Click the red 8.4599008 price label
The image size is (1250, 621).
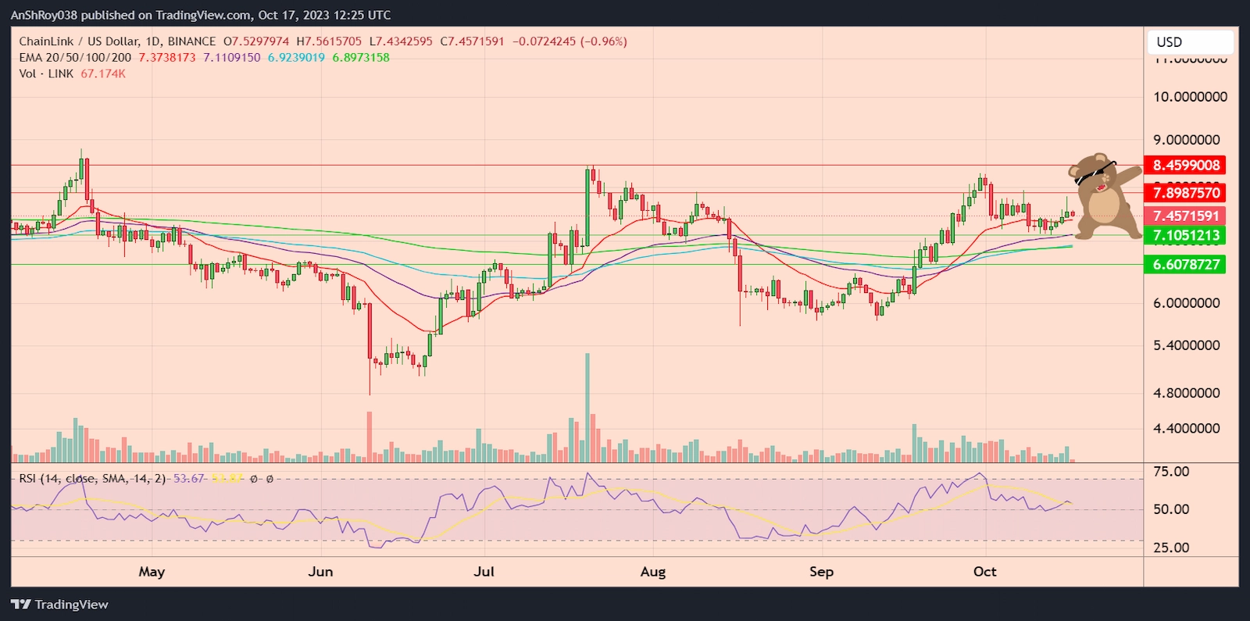(x=1185, y=165)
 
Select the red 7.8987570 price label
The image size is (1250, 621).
(x=1185, y=193)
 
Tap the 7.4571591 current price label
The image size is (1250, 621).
(x=1185, y=216)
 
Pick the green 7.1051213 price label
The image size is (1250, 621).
(x=1185, y=235)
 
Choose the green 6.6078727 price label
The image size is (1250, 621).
(x=1185, y=265)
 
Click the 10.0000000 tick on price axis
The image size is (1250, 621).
(x=1190, y=97)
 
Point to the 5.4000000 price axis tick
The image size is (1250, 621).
(x=1186, y=345)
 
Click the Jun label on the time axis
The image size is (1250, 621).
(x=320, y=572)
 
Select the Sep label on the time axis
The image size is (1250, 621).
(x=821, y=572)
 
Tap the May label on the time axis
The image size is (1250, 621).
(x=152, y=572)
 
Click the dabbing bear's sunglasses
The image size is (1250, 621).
(x=1094, y=173)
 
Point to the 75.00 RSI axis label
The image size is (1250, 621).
(x=1171, y=472)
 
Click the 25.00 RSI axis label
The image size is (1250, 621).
(x=1171, y=548)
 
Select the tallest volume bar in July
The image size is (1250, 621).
(x=587, y=406)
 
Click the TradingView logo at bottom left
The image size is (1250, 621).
(x=59, y=605)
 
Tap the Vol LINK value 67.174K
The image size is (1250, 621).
(x=103, y=73)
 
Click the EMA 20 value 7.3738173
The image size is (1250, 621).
(x=166, y=58)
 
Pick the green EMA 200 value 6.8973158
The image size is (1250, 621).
(x=361, y=58)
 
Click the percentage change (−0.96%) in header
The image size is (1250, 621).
(x=604, y=41)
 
